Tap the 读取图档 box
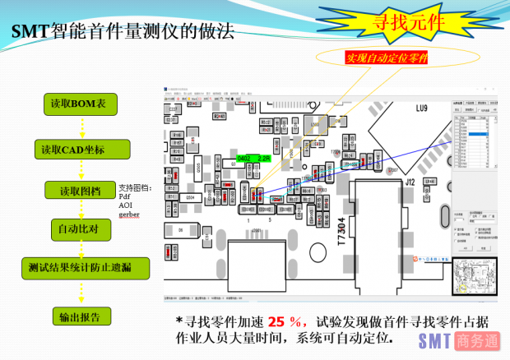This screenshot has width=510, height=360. click(x=80, y=191)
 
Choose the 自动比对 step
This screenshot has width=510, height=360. click(x=80, y=228)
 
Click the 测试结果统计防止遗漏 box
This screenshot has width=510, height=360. click(x=86, y=268)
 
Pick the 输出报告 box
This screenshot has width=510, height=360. click(x=80, y=316)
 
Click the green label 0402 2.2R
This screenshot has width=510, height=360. click(x=253, y=157)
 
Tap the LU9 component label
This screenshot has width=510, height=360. click(x=421, y=108)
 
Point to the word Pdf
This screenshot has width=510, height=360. click(x=124, y=196)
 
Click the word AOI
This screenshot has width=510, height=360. click(x=125, y=205)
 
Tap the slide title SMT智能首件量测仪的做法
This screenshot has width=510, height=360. click(x=123, y=33)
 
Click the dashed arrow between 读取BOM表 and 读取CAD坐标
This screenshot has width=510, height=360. click(x=81, y=127)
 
